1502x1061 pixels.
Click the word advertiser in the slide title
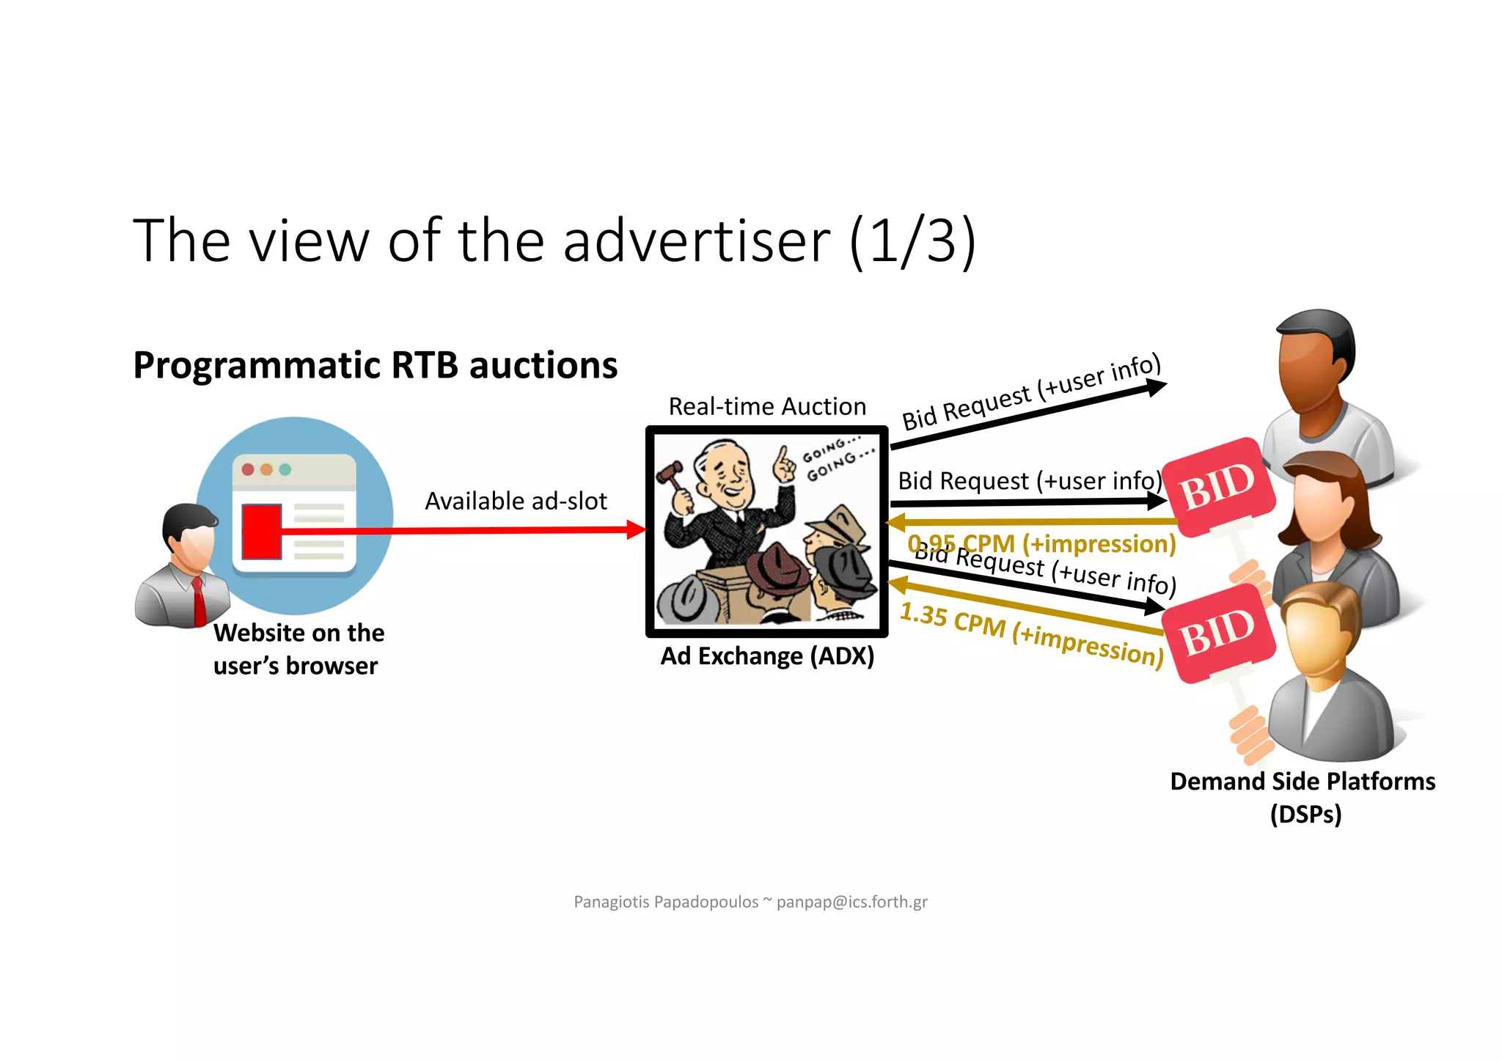(696, 242)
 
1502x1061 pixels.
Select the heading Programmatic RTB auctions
(375, 365)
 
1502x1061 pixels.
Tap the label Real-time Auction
(766, 406)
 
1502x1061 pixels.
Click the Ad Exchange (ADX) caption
(767, 656)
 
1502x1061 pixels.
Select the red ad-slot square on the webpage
(261, 531)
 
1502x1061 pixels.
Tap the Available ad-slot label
(516, 501)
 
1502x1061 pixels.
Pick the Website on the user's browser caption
(298, 649)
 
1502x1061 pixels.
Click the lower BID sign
(1217, 632)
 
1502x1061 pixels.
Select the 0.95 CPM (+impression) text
(1041, 544)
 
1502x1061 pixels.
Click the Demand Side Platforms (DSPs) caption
(1303, 797)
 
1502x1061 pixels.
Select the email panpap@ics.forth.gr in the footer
(851, 902)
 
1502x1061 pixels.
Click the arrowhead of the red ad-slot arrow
(636, 529)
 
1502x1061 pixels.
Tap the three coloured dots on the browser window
(266, 469)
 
